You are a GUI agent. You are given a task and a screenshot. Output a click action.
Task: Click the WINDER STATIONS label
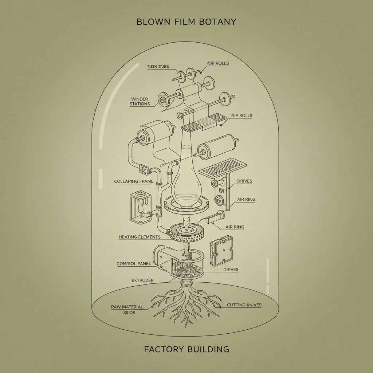pyautogui.click(x=140, y=101)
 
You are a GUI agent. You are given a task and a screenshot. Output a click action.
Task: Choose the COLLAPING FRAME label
pyautogui.click(x=134, y=181)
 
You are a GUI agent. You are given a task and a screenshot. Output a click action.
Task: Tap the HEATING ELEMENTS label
pyautogui.click(x=140, y=237)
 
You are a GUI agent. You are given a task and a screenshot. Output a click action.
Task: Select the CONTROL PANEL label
pyautogui.click(x=134, y=263)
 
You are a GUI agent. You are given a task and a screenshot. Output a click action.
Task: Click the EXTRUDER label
pyautogui.click(x=142, y=280)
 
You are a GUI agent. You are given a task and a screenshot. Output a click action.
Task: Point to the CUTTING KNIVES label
pyautogui.click(x=244, y=305)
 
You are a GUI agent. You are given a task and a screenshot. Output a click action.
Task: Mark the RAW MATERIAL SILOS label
pyautogui.click(x=127, y=310)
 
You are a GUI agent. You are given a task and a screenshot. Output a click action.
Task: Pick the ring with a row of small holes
pyautogui.click(x=187, y=233)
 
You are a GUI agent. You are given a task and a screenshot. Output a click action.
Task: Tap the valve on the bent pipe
pyautogui.click(x=143, y=169)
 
